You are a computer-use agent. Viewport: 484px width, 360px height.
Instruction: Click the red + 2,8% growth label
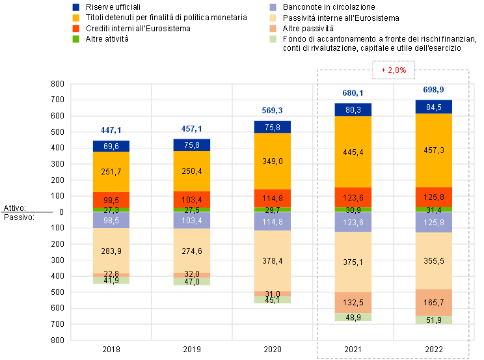click(393, 70)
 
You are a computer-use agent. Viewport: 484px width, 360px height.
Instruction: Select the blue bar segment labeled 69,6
click(111, 146)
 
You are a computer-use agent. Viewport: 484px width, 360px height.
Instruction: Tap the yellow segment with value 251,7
click(111, 172)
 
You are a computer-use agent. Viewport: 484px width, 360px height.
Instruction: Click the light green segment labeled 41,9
click(111, 280)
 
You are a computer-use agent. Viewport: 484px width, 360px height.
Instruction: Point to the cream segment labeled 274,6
click(191, 250)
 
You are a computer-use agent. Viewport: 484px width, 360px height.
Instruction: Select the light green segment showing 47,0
click(191, 282)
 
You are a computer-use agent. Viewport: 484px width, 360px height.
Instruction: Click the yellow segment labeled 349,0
click(272, 161)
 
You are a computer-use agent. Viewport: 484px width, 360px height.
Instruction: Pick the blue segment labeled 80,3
click(353, 110)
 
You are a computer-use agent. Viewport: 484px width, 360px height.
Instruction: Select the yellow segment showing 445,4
click(353, 152)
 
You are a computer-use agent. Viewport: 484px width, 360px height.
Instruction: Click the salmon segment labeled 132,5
click(353, 303)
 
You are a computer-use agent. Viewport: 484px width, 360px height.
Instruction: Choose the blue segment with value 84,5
click(433, 107)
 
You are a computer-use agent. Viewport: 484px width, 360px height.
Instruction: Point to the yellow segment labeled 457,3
click(433, 150)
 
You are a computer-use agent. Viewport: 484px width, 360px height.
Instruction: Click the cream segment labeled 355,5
click(433, 260)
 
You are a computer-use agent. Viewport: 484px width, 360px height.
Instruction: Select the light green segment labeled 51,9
click(433, 320)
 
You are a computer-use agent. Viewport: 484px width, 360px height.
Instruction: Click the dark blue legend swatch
click(75, 7)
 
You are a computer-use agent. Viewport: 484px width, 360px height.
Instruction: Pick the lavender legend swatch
click(274, 7)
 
